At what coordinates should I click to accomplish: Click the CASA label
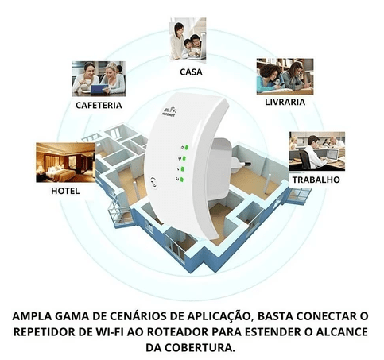click(191, 72)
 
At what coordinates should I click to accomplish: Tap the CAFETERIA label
click(99, 106)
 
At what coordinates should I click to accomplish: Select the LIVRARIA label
click(285, 102)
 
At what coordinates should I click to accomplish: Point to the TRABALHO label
click(316, 180)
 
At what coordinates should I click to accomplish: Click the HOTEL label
click(65, 191)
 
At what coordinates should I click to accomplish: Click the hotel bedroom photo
click(65, 162)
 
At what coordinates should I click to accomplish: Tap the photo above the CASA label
click(188, 39)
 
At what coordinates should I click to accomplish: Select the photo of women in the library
click(285, 76)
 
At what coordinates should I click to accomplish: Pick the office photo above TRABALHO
click(317, 151)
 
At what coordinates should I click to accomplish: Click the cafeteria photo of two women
click(99, 79)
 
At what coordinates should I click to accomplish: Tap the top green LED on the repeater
click(187, 147)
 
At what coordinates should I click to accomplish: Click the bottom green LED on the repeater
click(181, 180)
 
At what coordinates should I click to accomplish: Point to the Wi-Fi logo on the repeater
click(170, 111)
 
